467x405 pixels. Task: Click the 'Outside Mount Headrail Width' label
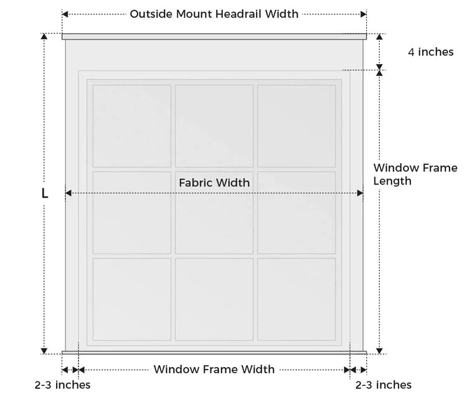point(214,14)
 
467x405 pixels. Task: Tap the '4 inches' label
point(431,52)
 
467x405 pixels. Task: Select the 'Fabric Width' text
point(214,183)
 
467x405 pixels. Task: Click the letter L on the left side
point(45,193)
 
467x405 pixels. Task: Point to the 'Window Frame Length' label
point(415,174)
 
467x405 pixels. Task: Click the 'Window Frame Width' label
point(214,369)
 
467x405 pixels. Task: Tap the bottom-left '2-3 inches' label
point(62,384)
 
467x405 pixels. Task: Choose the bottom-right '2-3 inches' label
point(384,384)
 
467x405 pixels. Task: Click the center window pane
point(214,212)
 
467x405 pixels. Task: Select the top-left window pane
point(132,126)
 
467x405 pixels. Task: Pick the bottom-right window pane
point(296,299)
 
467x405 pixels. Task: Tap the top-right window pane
point(296,126)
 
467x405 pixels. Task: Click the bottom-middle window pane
point(214,299)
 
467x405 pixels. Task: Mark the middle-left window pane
point(132,212)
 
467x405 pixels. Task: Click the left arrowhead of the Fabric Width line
point(68,193)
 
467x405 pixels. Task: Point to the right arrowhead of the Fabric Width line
point(360,193)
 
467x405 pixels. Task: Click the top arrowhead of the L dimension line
point(44,36)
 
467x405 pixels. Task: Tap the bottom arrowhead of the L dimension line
point(44,351)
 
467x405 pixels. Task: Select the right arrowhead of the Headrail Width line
point(364,14)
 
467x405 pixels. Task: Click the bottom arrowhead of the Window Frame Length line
point(379,351)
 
